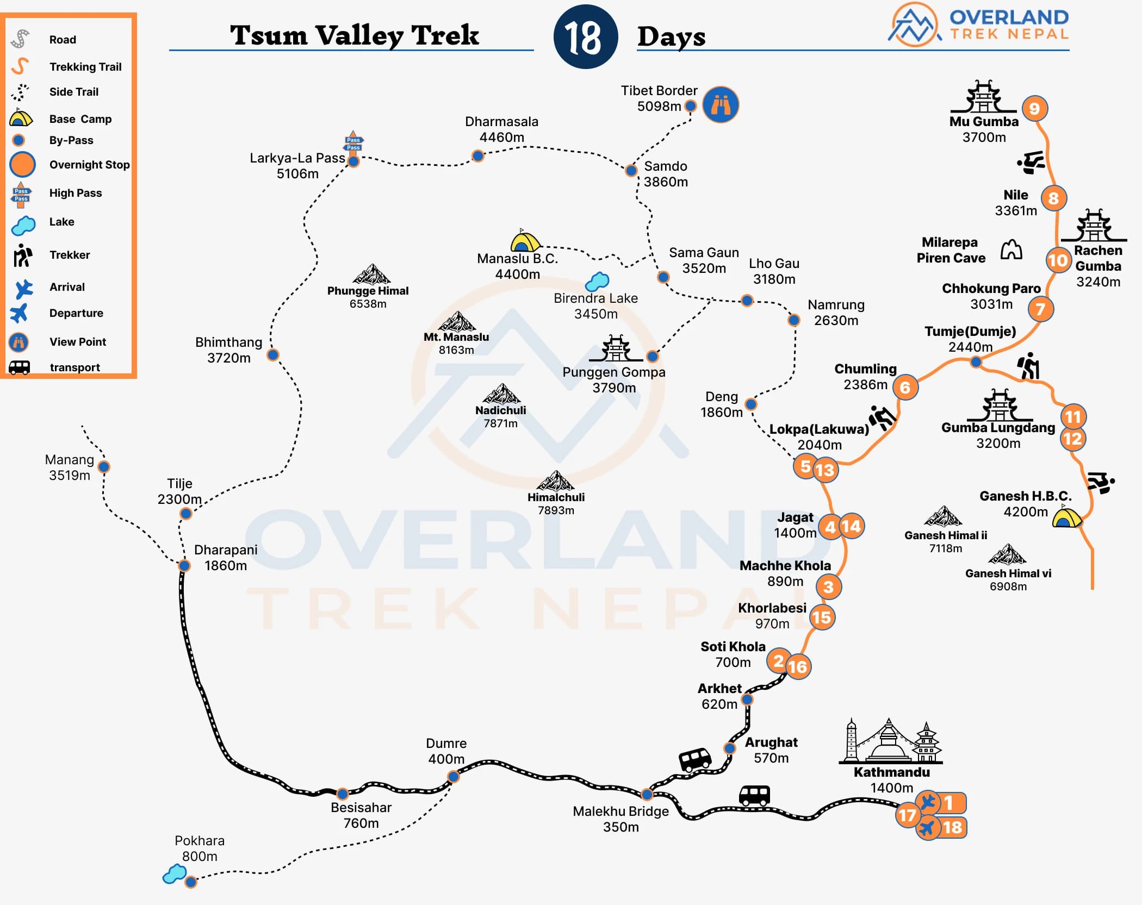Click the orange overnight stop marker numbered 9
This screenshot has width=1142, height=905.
coord(1034,109)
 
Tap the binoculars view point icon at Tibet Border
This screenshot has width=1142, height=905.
coord(721,104)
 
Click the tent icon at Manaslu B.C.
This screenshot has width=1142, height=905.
coord(525,241)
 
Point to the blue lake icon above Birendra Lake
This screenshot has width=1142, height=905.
coord(597,281)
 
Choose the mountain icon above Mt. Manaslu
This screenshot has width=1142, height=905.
coord(457,322)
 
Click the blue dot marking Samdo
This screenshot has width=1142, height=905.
coord(631,171)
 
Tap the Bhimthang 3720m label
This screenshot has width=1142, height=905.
coord(228,350)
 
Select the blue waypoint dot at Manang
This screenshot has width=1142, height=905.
coord(104,466)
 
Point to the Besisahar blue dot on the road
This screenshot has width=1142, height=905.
coord(342,794)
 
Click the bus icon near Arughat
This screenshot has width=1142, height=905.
coord(695,759)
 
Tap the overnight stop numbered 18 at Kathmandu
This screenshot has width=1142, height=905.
coord(952,827)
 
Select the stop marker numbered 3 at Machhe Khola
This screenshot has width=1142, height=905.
coord(828,586)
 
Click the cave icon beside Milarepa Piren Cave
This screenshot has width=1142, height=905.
coord(1011,249)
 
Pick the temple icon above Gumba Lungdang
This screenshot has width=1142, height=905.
coord(1000,404)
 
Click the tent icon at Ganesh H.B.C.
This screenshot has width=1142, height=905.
coord(1066,517)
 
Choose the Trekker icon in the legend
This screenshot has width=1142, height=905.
coord(22,255)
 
